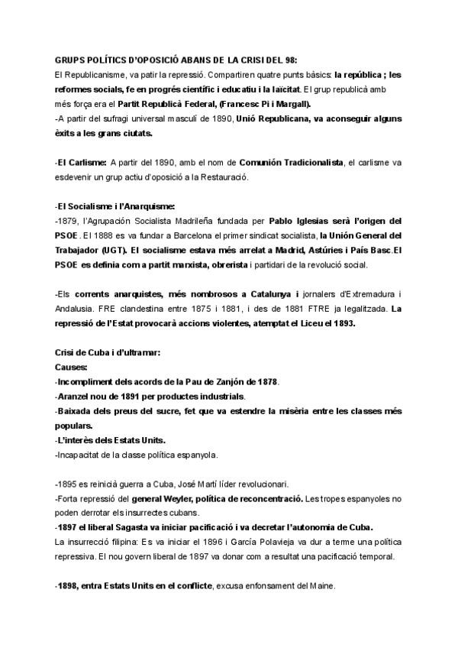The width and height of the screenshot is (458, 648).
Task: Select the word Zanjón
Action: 222,381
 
